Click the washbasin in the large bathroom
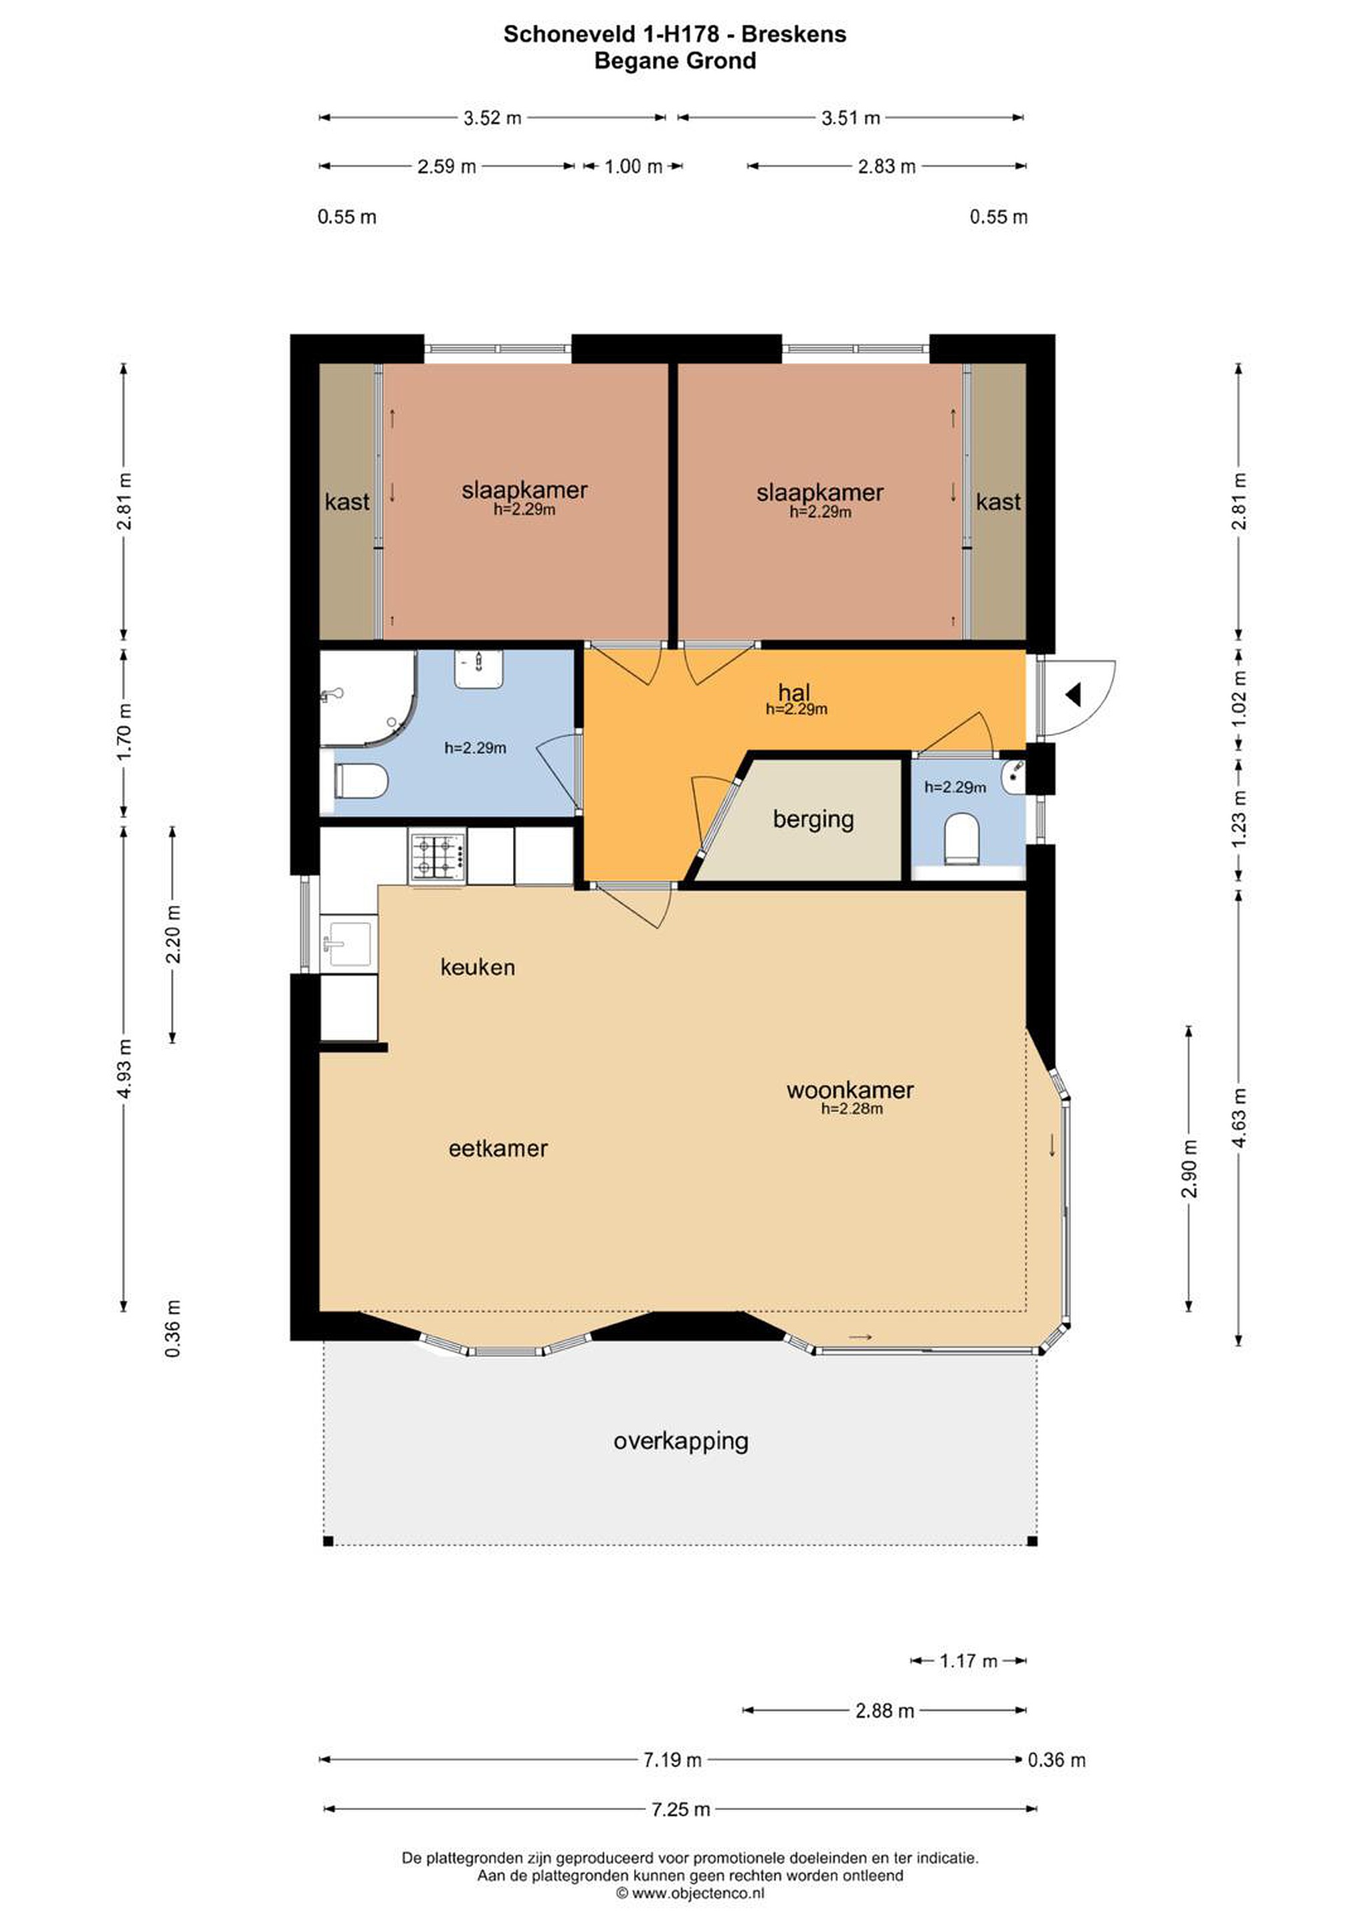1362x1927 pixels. [479, 670]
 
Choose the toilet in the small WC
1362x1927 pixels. [962, 838]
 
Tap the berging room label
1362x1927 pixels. [813, 819]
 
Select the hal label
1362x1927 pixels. [794, 693]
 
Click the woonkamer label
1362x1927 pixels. [850, 1090]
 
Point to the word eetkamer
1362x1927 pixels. [498, 1149]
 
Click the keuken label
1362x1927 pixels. [478, 968]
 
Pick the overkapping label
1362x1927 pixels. [680, 1442]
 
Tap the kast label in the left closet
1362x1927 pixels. [347, 502]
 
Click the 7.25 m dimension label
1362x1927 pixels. [680, 1809]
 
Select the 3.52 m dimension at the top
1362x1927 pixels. [492, 118]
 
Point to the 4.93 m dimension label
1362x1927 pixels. [124, 1068]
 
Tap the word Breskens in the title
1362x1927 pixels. [794, 34]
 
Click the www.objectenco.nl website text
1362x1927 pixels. [697, 1893]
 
